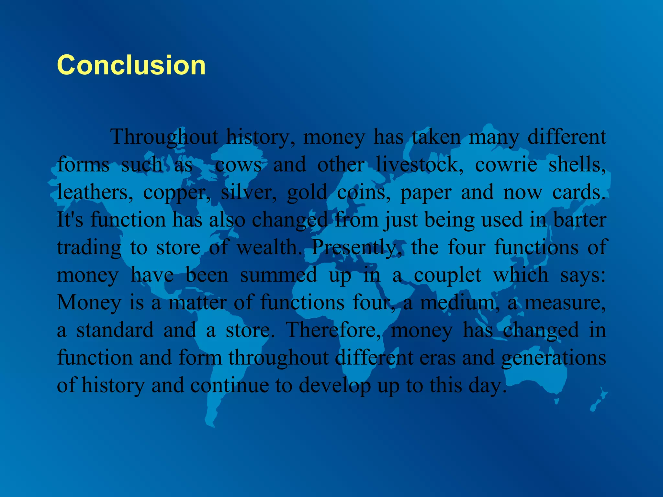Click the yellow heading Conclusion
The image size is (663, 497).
pyautogui.click(x=131, y=65)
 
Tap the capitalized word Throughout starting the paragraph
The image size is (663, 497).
pyautogui.click(x=164, y=137)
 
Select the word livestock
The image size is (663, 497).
pyautogui.click(x=420, y=164)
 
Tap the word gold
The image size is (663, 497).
pyautogui.click(x=307, y=193)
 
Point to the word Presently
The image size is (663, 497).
pyautogui.click(x=356, y=248)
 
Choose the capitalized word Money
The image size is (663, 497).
pyautogui.click(x=88, y=303)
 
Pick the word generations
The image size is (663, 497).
pyautogui.click(x=554, y=359)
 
